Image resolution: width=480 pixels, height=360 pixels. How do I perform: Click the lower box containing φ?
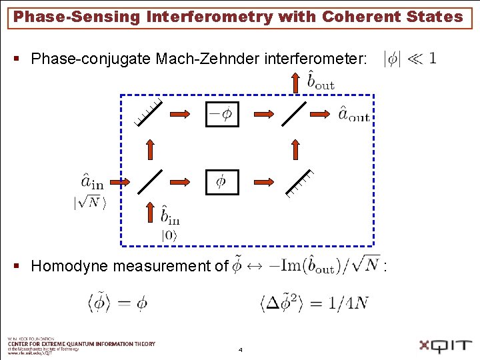point(222,181)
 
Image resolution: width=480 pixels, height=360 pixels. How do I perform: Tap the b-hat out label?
point(321,81)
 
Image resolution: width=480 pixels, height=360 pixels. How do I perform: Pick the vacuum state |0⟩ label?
point(169,235)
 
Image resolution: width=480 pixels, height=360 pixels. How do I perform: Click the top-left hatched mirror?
point(148,112)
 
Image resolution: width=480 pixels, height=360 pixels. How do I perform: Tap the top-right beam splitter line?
point(294,113)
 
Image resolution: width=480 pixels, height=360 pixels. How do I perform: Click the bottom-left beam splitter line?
point(150,181)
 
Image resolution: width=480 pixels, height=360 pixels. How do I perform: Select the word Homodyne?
point(69,267)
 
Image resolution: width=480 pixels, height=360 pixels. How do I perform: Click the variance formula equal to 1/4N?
point(313,304)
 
